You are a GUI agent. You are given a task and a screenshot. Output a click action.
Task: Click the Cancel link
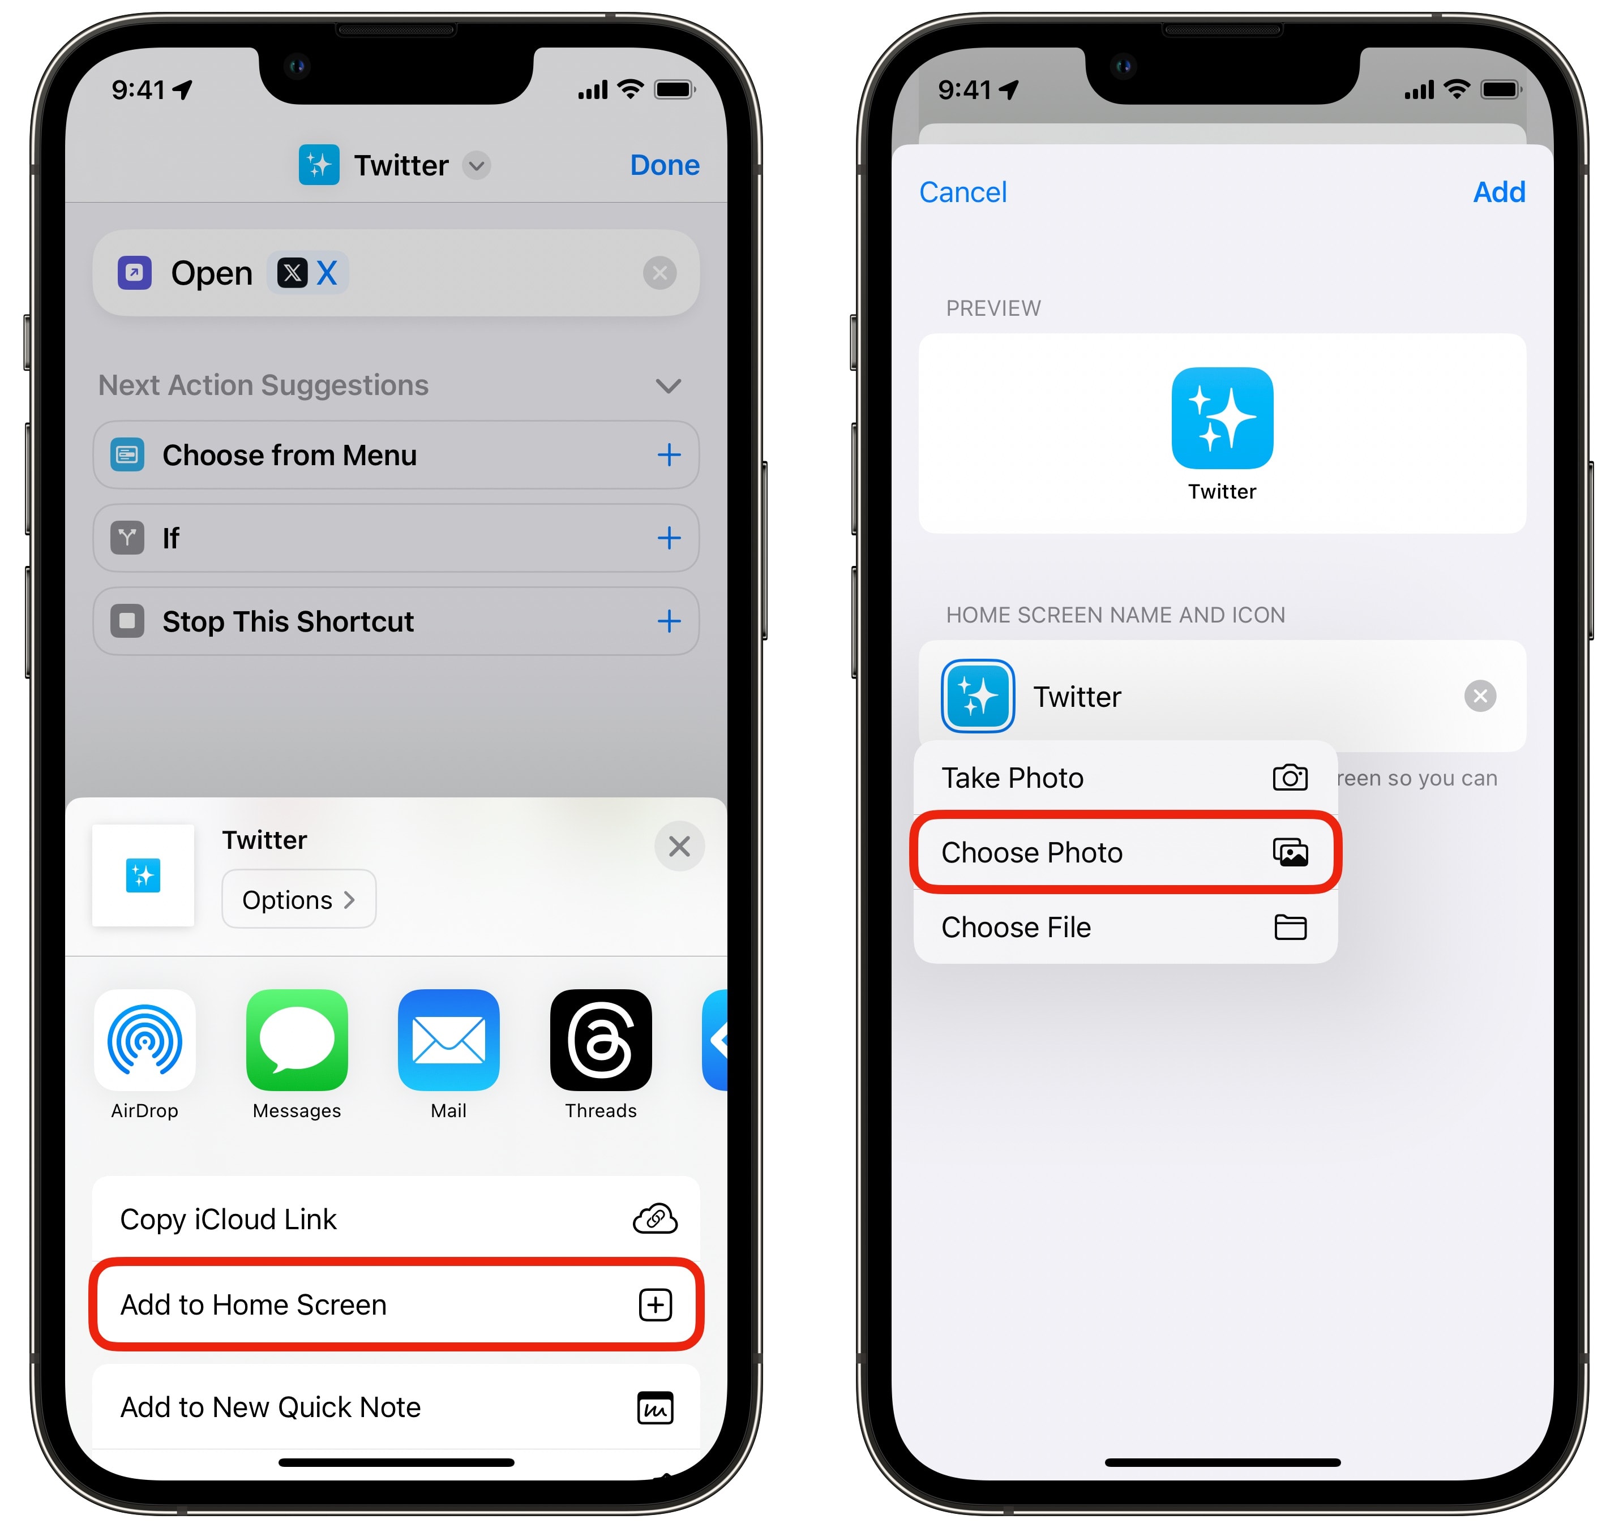click(962, 192)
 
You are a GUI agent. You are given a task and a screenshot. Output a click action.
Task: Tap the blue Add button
click(1498, 192)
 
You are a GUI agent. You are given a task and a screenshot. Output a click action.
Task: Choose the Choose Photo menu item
click(1125, 852)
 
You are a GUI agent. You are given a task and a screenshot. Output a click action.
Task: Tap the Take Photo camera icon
click(1290, 777)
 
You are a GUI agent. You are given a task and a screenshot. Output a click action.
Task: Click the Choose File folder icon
click(1290, 927)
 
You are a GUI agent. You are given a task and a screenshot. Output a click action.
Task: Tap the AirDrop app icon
click(145, 1040)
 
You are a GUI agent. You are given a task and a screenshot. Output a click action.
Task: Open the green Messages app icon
click(297, 1040)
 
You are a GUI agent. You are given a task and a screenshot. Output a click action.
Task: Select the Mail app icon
click(448, 1040)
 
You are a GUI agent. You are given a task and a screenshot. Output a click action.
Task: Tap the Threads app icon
click(601, 1040)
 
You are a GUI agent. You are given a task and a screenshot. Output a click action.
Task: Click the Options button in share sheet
click(299, 899)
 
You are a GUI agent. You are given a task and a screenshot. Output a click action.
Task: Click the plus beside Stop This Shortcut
click(669, 621)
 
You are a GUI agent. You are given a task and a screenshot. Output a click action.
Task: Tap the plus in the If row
click(669, 538)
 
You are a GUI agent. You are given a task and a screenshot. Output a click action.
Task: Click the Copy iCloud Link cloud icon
click(655, 1218)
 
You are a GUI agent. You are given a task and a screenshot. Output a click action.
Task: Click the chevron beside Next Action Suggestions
click(668, 385)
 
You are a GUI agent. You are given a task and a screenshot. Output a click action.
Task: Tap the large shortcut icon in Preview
click(1222, 418)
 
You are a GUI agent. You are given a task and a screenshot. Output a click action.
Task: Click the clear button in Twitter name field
click(1480, 696)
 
